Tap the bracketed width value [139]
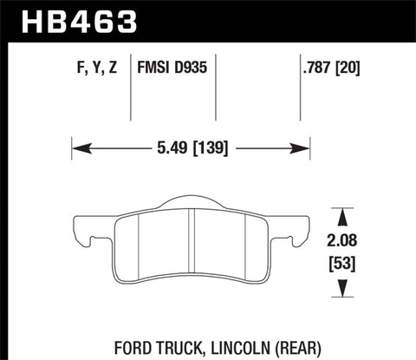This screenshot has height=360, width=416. click(x=208, y=148)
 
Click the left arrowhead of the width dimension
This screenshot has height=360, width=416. click(x=76, y=148)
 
